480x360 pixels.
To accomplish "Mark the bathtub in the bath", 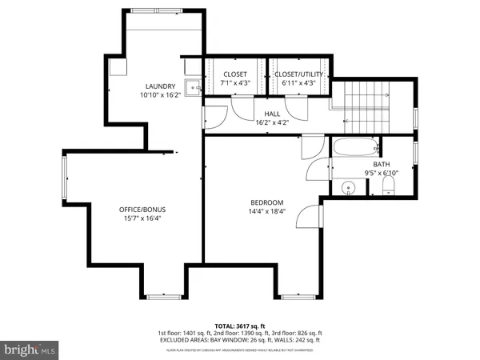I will point(353,148).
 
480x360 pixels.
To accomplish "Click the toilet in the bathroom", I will point(388,187).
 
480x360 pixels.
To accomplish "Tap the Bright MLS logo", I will point(31,350).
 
